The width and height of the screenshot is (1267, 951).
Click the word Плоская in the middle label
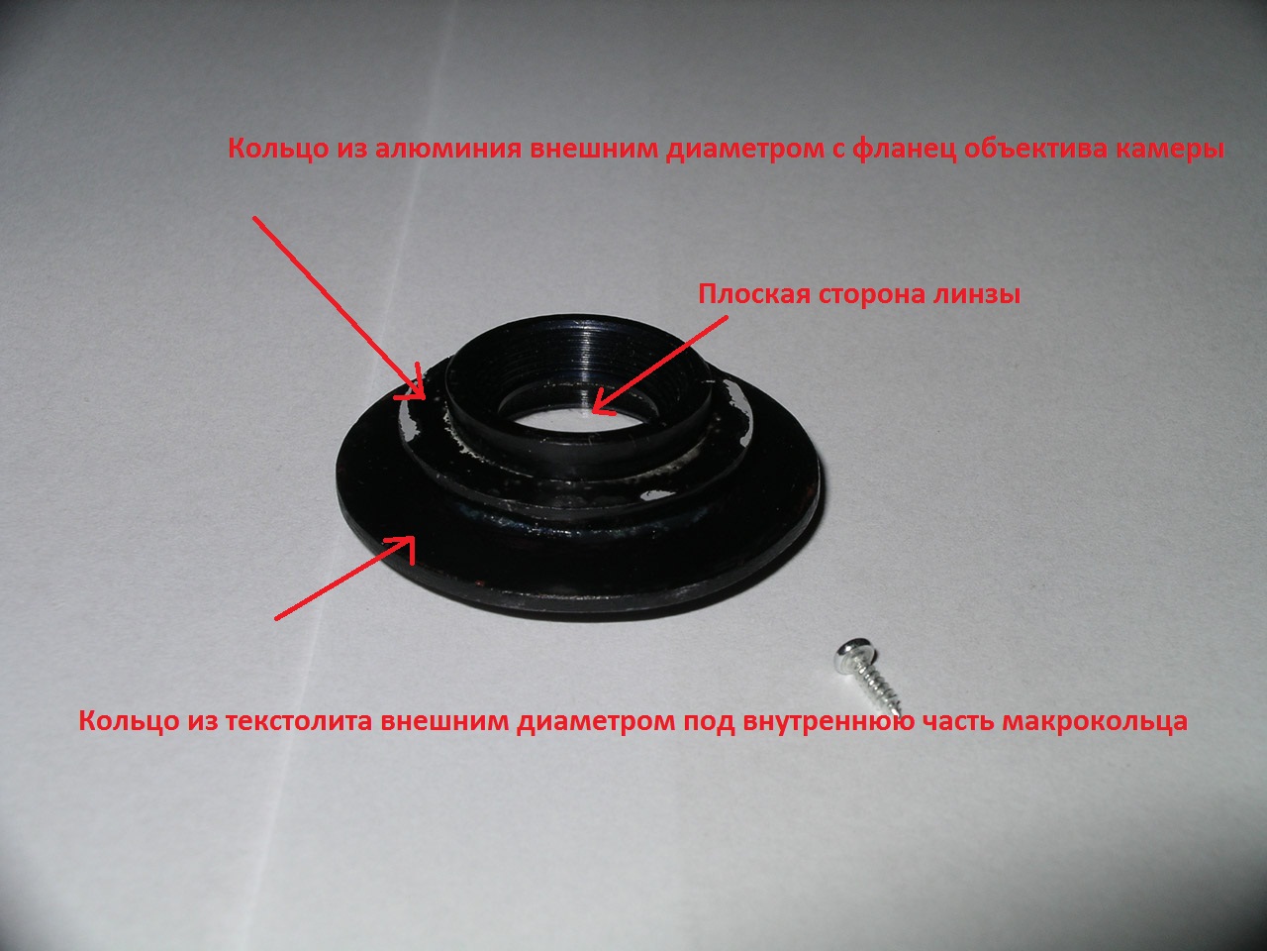click(x=754, y=294)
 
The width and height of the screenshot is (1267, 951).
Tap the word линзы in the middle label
click(x=976, y=295)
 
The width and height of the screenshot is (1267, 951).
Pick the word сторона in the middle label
click(x=871, y=295)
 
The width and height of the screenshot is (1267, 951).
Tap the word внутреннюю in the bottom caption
click(x=828, y=722)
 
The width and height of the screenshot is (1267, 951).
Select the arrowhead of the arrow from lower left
click(x=403, y=545)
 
